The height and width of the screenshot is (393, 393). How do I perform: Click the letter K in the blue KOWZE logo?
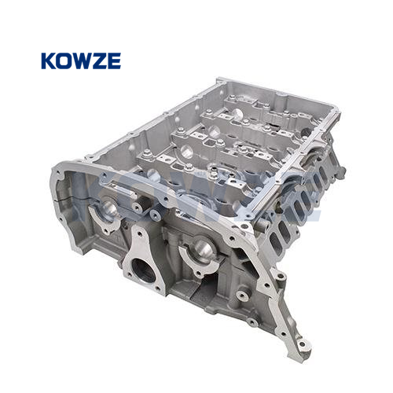pyautogui.click(x=49, y=61)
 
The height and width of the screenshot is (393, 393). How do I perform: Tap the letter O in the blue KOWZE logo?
pyautogui.click(x=64, y=61)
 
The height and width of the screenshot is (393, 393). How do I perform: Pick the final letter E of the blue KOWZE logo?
pyautogui.click(x=114, y=61)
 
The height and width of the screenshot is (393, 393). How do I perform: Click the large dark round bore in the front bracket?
pyautogui.click(x=142, y=270)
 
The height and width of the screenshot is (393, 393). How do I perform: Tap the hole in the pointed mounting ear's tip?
pyautogui.click(x=302, y=344)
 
